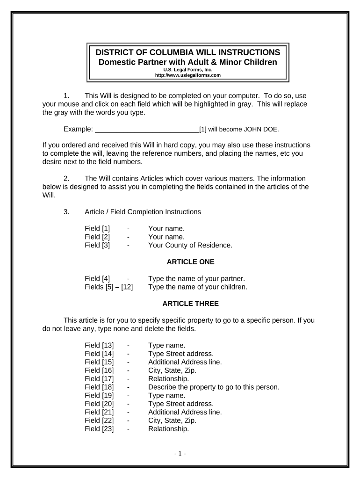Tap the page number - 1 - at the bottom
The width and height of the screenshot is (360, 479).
[180, 453]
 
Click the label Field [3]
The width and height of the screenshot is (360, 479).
[97, 245]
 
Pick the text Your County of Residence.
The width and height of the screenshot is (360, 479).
[190, 245]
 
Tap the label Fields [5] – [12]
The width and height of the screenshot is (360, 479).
[108, 287]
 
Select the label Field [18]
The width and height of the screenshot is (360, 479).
[99, 387]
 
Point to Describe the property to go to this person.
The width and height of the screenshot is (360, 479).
[213, 387]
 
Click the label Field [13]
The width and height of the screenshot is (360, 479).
[99, 345]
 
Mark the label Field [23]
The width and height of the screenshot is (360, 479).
[99, 428]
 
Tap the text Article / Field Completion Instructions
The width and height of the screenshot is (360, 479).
[143, 212]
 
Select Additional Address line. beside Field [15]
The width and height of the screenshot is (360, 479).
[185, 362]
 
